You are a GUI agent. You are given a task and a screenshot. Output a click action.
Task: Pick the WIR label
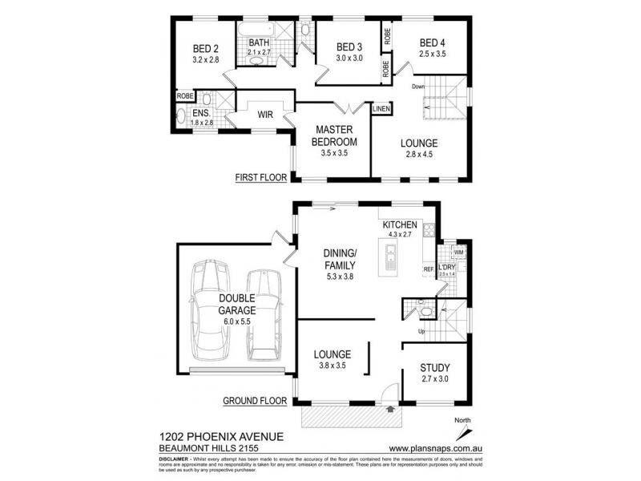265,115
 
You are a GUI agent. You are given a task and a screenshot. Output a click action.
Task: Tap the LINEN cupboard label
381,108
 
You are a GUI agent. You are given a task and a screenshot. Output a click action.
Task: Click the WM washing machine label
458,253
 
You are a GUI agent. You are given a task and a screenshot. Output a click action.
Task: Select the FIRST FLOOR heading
260,177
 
